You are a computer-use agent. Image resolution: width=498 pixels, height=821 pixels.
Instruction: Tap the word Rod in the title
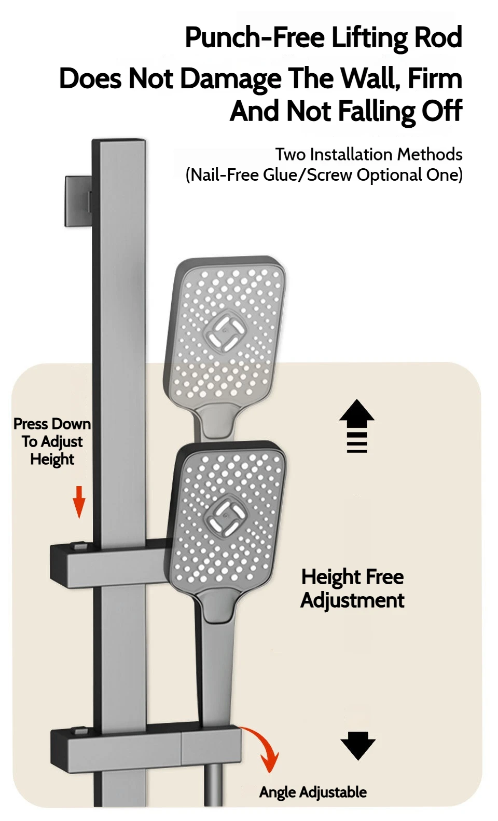pos(437,38)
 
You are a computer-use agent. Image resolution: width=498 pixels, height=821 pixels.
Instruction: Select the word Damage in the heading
pos(231,79)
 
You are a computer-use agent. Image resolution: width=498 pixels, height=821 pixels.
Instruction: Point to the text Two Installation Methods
pos(368,154)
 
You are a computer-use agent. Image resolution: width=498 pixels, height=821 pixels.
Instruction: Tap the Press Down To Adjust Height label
pos(52,441)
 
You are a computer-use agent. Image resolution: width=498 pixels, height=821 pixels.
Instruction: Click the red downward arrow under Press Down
pos(79,502)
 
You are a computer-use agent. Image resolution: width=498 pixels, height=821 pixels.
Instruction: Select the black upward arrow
pos(357,413)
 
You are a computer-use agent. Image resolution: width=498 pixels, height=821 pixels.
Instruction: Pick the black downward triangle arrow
pos(357,746)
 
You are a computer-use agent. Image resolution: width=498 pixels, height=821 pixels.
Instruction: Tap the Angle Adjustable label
pos(313,792)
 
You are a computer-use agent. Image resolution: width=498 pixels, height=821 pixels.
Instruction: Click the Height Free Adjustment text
pos(352,588)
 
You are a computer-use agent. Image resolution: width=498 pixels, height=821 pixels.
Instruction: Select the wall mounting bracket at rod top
pos(78,201)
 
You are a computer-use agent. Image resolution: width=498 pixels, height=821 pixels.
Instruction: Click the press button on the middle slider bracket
pos(80,546)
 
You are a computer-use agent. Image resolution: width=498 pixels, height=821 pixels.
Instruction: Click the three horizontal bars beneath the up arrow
pos(357,442)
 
